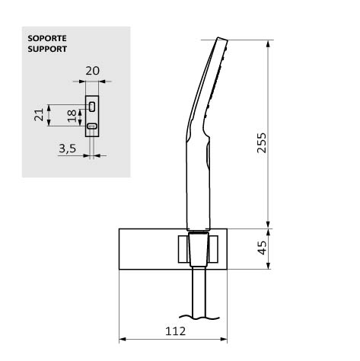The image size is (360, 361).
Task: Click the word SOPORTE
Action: [47, 38]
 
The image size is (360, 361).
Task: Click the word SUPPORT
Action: [47, 49]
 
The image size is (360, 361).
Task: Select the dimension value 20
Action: [92, 71]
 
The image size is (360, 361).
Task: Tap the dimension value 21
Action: [39, 115]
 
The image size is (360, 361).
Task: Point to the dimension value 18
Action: [72, 116]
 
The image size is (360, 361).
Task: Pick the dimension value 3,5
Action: [67, 149]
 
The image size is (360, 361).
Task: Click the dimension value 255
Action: [262, 143]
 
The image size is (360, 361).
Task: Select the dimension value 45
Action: [262, 248]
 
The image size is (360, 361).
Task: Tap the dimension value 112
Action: [175, 331]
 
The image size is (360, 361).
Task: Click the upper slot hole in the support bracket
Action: [92, 107]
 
